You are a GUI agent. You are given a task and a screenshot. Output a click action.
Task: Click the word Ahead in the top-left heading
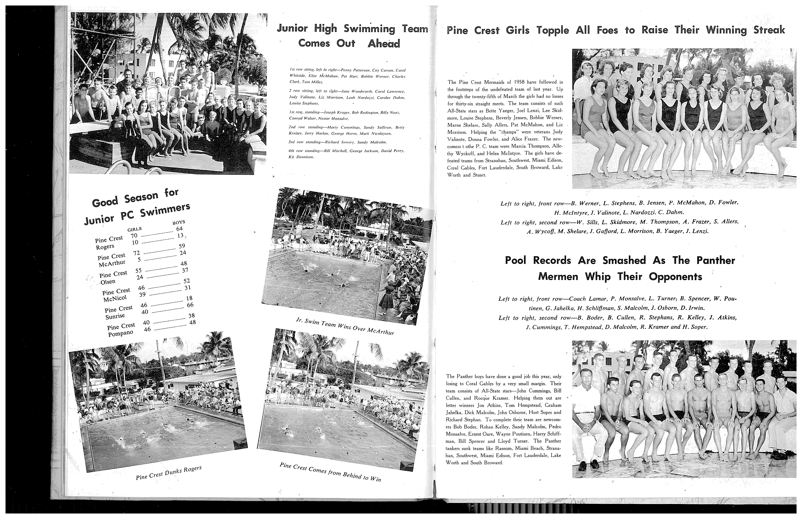[384, 44]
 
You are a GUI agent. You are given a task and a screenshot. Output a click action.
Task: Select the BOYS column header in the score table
[179, 222]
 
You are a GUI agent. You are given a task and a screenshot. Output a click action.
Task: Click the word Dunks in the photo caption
[173, 472]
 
